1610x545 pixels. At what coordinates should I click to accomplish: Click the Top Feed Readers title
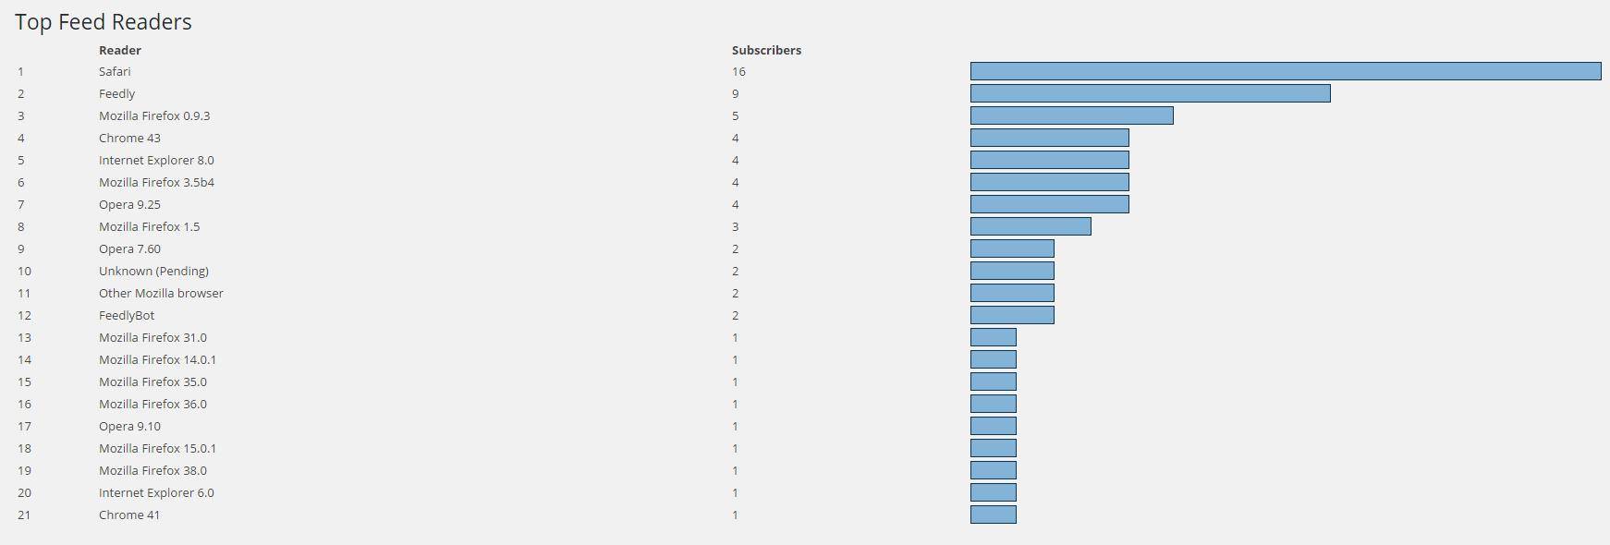(104, 22)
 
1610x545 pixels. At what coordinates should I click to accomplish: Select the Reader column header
(120, 50)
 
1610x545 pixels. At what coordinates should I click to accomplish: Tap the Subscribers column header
(766, 50)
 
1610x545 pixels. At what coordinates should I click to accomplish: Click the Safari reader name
(115, 71)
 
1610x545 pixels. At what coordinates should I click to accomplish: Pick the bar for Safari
(1285, 71)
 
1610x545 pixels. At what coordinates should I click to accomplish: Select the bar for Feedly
(1150, 93)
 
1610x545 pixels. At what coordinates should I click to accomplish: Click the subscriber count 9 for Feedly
(736, 93)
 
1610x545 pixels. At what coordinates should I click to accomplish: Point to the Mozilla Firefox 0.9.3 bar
(1071, 115)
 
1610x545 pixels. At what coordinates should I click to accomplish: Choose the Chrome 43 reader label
(129, 138)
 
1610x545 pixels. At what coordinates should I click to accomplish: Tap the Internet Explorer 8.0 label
(156, 160)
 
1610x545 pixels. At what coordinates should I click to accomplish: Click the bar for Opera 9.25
(1049, 204)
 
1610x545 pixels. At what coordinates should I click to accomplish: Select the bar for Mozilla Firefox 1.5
(1031, 226)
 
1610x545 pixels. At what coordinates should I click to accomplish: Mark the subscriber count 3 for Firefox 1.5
(736, 226)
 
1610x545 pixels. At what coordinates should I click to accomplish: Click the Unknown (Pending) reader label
(153, 271)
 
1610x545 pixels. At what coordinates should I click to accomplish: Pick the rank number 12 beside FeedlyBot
(24, 315)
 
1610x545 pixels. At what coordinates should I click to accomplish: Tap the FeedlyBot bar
(1012, 315)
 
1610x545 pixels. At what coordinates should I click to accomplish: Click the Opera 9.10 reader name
(129, 426)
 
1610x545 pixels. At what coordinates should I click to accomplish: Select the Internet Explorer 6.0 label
(156, 492)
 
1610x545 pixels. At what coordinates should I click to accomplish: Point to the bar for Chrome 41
(993, 515)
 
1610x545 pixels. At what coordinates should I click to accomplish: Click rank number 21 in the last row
(24, 515)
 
